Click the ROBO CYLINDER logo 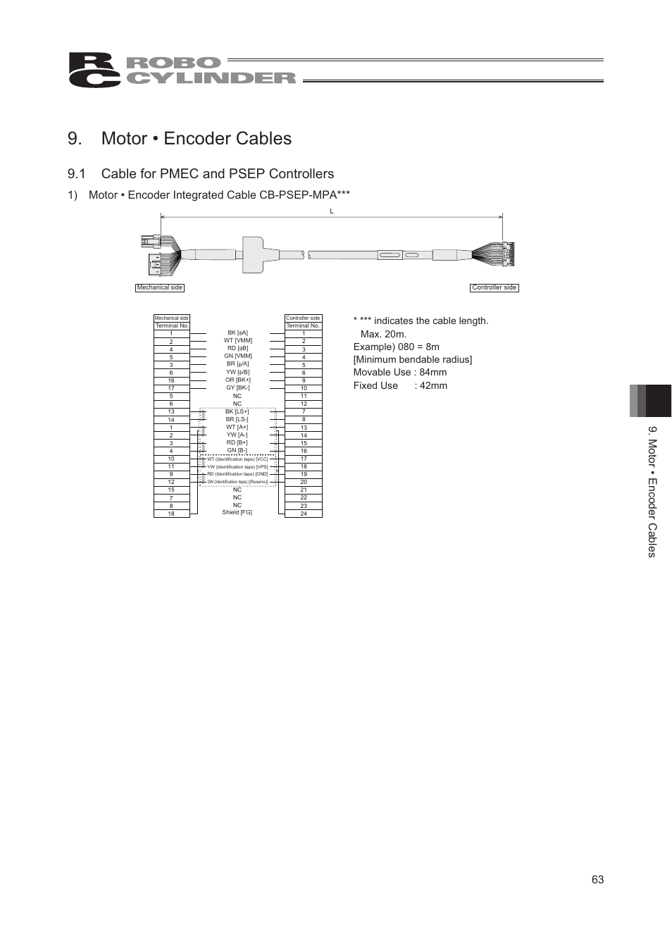pyautogui.click(x=182, y=70)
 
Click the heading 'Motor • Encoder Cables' pyautogui.click(x=196, y=138)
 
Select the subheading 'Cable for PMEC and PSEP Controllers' pyautogui.click(x=217, y=173)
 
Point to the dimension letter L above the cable pyautogui.click(x=331, y=211)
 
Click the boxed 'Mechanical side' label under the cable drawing pyautogui.click(x=160, y=287)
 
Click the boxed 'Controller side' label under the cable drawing pyautogui.click(x=494, y=287)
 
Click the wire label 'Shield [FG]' pyautogui.click(x=237, y=512)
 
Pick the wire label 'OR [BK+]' pyautogui.click(x=237, y=380)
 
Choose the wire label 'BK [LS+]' pyautogui.click(x=237, y=411)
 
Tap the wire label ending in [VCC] pyautogui.click(x=237, y=459)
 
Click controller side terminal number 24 pyautogui.click(x=304, y=514)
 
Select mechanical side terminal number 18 pyautogui.click(x=171, y=514)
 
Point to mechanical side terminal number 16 pyautogui.click(x=171, y=380)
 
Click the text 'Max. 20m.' pyautogui.click(x=383, y=334)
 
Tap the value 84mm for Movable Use pyautogui.click(x=433, y=372)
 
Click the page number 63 pyautogui.click(x=597, y=879)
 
